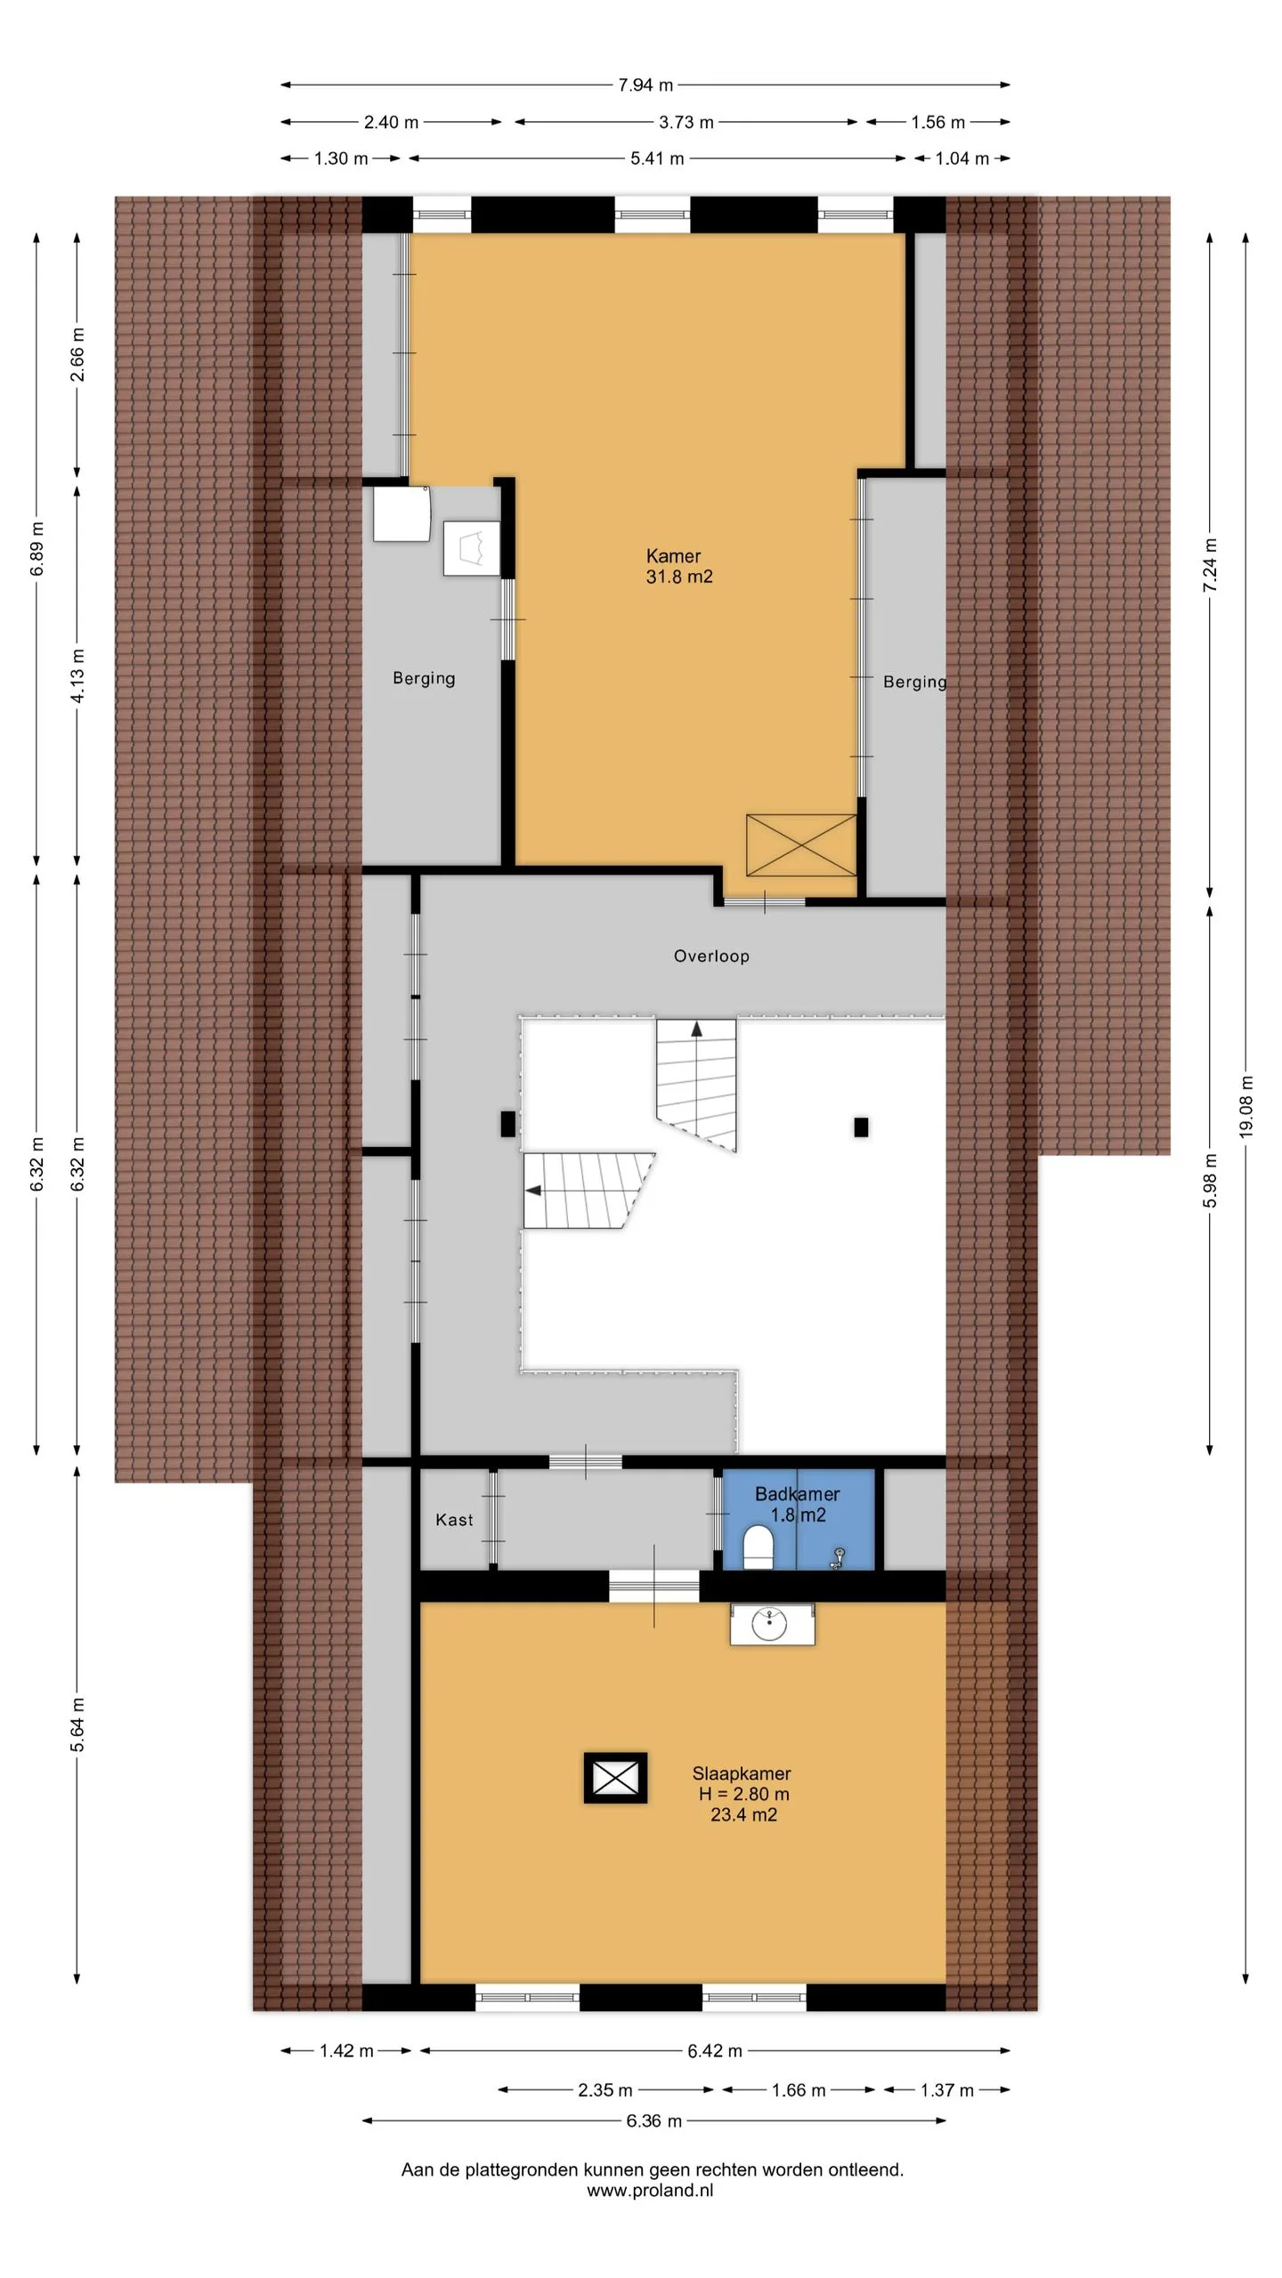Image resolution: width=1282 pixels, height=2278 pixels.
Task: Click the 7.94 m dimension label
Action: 645,85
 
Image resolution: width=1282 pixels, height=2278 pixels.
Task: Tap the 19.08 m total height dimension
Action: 1245,1106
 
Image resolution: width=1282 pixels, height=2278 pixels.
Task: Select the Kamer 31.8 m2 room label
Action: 679,566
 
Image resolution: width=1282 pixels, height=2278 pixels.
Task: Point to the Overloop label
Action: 711,957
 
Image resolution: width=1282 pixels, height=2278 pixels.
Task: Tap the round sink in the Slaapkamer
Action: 769,1624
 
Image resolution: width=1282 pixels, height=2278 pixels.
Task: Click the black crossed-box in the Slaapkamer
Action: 615,1779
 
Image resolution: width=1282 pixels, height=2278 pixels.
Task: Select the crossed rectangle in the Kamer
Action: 801,844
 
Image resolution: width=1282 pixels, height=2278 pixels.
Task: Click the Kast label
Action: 454,1520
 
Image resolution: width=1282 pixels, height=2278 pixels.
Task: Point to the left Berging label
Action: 424,679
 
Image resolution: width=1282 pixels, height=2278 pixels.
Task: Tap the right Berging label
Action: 914,683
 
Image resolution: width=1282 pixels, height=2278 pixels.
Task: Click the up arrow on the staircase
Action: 696,1030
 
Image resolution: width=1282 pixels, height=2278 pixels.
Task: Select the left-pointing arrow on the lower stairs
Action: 533,1191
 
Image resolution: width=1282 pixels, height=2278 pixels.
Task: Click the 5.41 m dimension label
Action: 657,158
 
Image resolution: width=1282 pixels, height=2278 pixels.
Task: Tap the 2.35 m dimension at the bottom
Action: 605,2090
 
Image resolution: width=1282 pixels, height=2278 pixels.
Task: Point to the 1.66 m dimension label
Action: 799,2090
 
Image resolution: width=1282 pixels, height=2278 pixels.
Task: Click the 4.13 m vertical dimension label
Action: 78,675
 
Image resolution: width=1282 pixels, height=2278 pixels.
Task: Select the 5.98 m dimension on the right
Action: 1210,1180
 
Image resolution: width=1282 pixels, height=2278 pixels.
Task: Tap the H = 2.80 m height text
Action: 744,1794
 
